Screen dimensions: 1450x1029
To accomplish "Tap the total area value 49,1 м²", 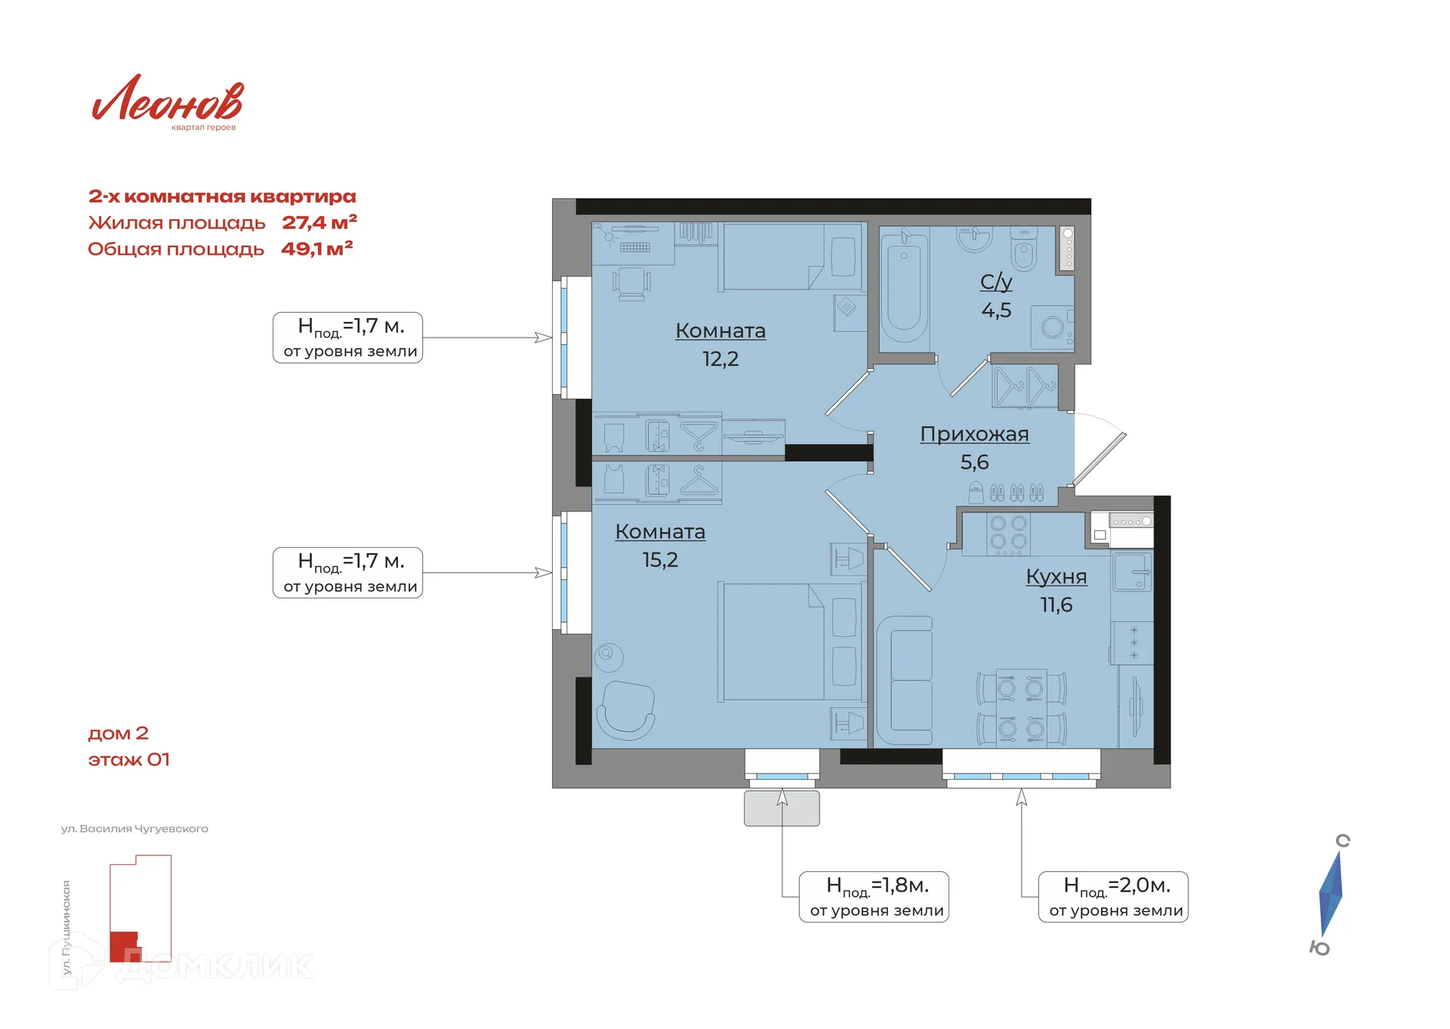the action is (317, 249).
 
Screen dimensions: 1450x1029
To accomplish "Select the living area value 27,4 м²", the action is (319, 222).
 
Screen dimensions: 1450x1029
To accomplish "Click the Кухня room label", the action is (1056, 576).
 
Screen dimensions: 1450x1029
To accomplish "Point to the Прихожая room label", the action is (974, 434).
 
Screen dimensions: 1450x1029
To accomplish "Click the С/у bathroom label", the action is (996, 282).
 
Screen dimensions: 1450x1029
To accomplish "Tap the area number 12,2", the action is (720, 359).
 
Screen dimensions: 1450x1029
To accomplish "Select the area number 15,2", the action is (660, 560).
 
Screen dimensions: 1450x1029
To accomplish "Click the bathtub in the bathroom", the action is (904, 289).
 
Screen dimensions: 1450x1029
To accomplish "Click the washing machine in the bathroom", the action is (1053, 327).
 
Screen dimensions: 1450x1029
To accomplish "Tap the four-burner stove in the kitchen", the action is (1008, 533).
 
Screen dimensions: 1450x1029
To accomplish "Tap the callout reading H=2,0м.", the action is (1113, 897).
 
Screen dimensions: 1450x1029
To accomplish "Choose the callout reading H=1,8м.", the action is (874, 897).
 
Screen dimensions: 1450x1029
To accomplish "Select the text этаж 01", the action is (129, 759).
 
